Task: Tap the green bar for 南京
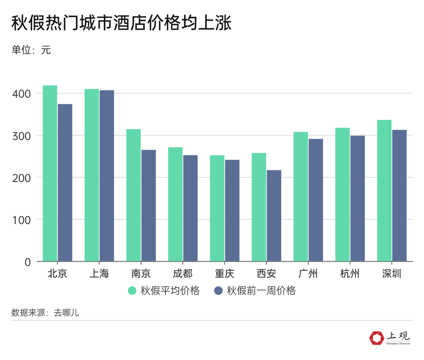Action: coord(133,195)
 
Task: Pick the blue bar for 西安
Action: coord(274,216)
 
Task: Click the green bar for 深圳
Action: coord(384,191)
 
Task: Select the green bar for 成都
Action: coord(175,204)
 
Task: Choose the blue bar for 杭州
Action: coord(357,198)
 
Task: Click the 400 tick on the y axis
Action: coord(23,94)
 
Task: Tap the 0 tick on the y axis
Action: coord(27,262)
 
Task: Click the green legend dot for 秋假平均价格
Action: coord(132,291)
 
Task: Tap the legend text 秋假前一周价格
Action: coord(261,291)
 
